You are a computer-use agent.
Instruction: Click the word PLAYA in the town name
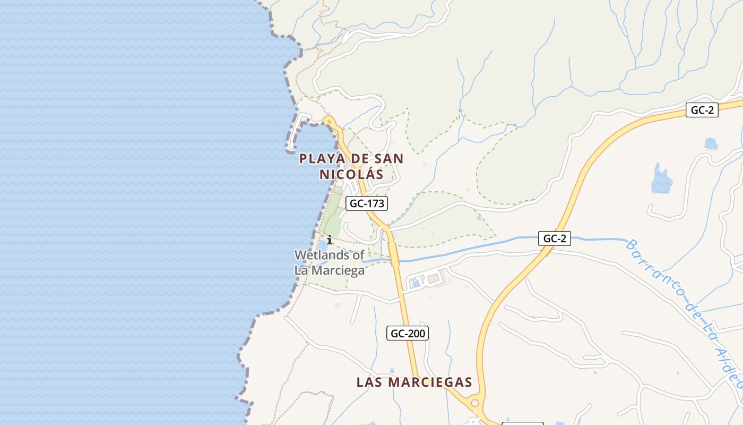coord(317,158)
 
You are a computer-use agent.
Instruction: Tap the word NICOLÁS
coord(351,174)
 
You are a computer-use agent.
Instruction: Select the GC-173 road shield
coord(366,203)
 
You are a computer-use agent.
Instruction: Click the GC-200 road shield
coord(407,334)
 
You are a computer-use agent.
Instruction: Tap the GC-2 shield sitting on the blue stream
coord(555,239)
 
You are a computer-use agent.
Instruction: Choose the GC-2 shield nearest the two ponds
coord(702,110)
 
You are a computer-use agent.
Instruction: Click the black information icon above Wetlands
coord(330,240)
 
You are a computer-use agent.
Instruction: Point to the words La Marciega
coord(329,270)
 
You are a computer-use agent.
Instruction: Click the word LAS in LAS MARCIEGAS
coord(370,382)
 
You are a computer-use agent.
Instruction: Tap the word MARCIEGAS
coord(430,382)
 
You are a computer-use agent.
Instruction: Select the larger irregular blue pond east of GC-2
coord(661,180)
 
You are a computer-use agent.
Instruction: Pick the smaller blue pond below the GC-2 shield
coord(711,143)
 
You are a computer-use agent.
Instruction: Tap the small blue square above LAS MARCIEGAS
coord(392,371)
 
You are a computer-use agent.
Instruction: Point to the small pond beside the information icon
coord(323,246)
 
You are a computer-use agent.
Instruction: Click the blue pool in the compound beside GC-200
coord(416,283)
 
